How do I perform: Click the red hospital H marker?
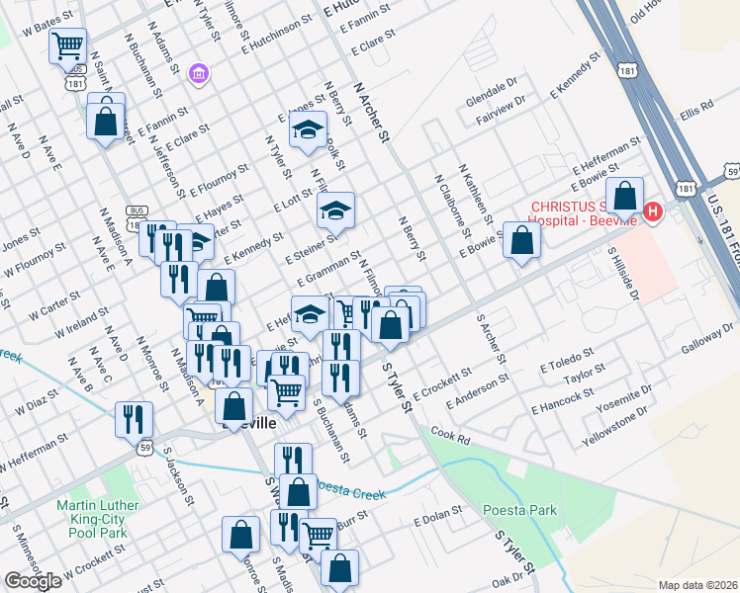tap(653, 211)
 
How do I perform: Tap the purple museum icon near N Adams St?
tap(200, 73)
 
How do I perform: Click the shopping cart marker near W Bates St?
tap(68, 44)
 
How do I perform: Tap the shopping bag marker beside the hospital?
tap(625, 196)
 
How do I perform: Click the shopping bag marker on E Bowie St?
tap(521, 240)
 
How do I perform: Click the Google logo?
tap(33, 581)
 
